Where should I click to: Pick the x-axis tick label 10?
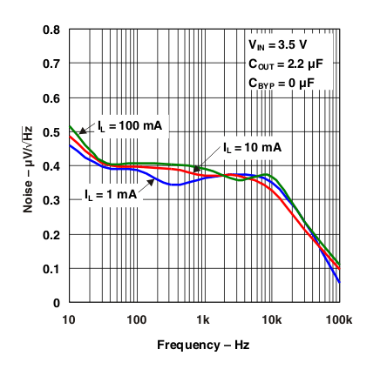click(68, 319)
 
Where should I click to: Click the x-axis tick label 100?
click(136, 319)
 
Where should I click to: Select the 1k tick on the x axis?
click(204, 319)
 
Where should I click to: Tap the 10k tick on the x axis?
click(271, 319)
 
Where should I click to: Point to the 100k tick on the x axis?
click(338, 319)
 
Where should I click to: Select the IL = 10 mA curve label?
click(252, 148)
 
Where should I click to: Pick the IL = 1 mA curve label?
click(110, 194)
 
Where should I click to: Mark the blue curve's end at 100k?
click(339, 282)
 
